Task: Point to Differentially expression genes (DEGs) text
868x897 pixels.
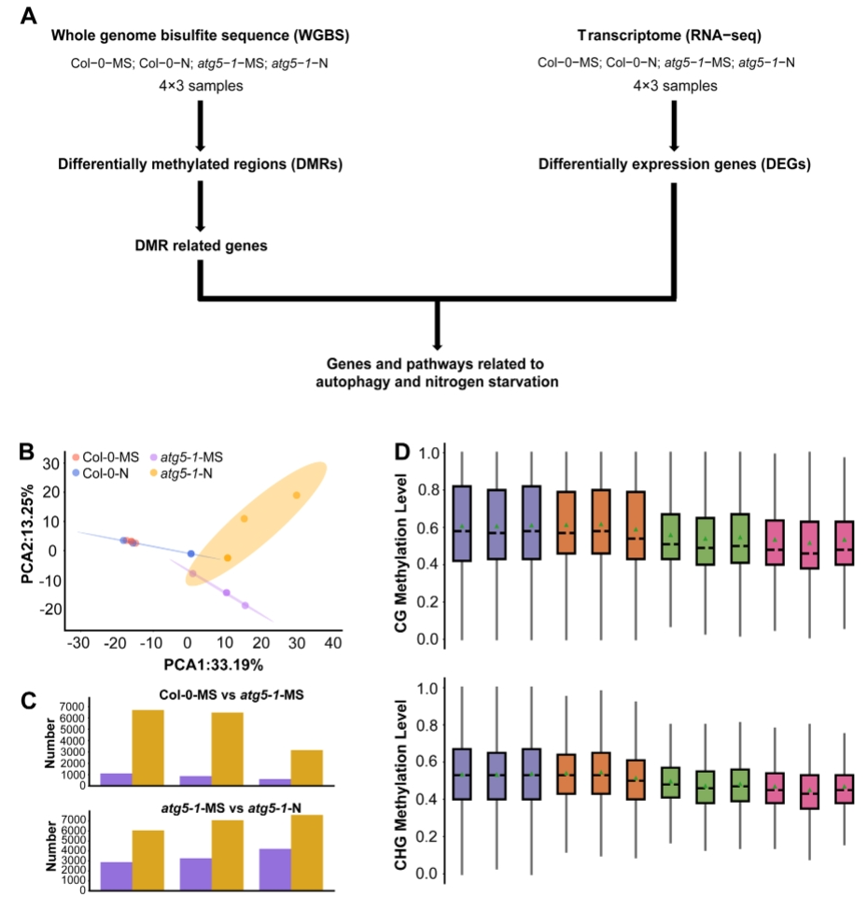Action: point(671,164)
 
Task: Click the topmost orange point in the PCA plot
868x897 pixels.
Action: point(297,495)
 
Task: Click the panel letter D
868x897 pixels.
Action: point(402,452)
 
